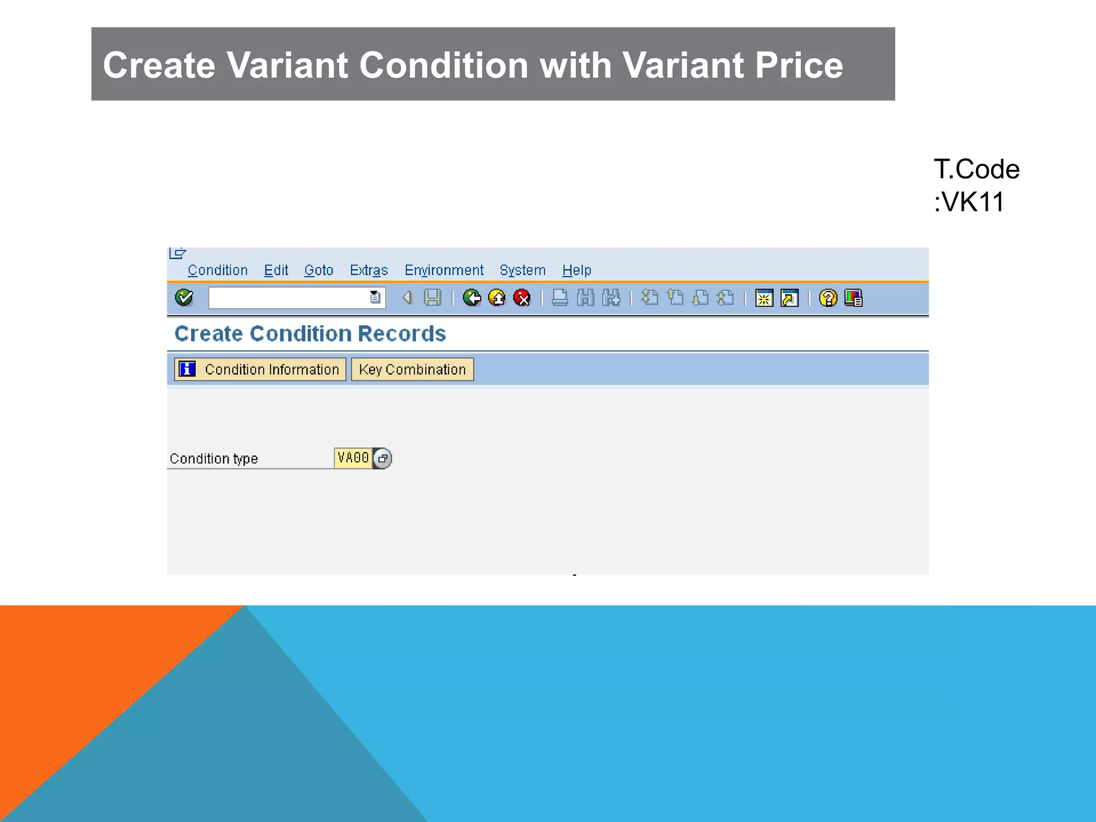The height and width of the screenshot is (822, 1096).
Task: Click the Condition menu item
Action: tap(217, 270)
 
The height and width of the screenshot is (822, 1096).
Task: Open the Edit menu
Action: tap(276, 270)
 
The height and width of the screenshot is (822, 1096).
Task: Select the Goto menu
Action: tap(318, 270)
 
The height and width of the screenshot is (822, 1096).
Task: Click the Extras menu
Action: tap(369, 270)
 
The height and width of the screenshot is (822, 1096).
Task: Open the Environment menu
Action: tap(444, 270)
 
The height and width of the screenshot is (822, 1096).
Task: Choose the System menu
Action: tap(522, 270)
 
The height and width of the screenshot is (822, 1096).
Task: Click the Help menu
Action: tap(576, 270)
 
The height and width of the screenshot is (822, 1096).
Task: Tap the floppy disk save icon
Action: tap(432, 298)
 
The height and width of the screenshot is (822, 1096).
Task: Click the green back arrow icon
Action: tap(471, 298)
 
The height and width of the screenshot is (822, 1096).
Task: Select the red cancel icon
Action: tap(522, 298)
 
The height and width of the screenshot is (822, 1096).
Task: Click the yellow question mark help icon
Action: tap(828, 298)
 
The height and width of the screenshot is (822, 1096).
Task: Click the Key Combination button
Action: tap(412, 369)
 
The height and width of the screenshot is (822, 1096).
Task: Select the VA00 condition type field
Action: tap(353, 458)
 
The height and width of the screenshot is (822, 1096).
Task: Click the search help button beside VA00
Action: tap(383, 459)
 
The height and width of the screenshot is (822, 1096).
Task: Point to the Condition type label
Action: tap(214, 459)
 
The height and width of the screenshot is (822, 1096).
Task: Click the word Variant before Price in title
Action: tap(683, 65)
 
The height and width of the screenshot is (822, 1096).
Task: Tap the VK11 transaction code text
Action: tap(973, 202)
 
